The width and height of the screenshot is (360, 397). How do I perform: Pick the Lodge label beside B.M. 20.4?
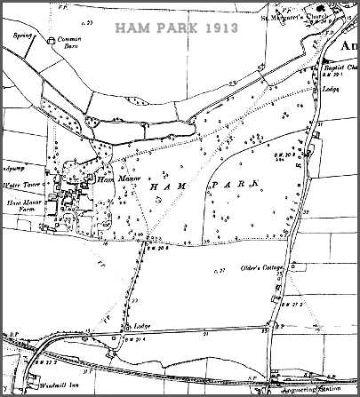tap(140, 326)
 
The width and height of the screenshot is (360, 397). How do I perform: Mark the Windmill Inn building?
tap(33, 383)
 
